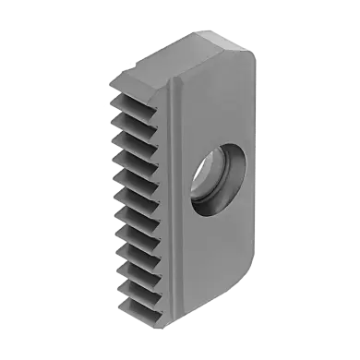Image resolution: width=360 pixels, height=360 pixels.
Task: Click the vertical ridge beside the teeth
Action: pyautogui.click(x=171, y=194)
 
